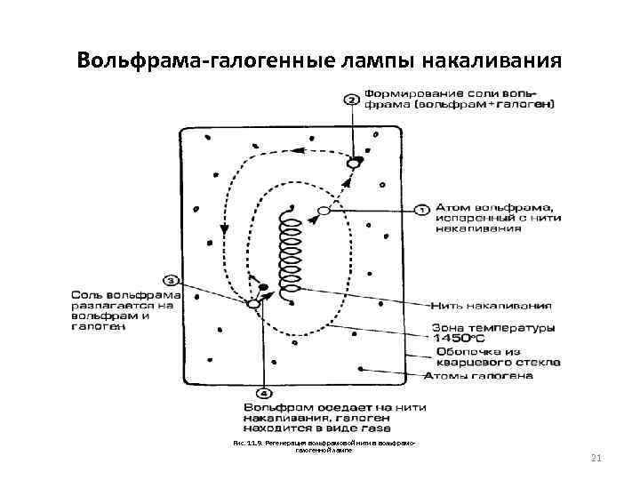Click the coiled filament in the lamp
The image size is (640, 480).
pos(289,253)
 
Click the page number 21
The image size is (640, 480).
pos(596,458)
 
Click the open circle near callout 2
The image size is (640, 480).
pos(353,164)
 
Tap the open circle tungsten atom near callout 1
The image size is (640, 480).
pos(324,211)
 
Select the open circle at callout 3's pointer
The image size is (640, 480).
pos(253,303)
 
